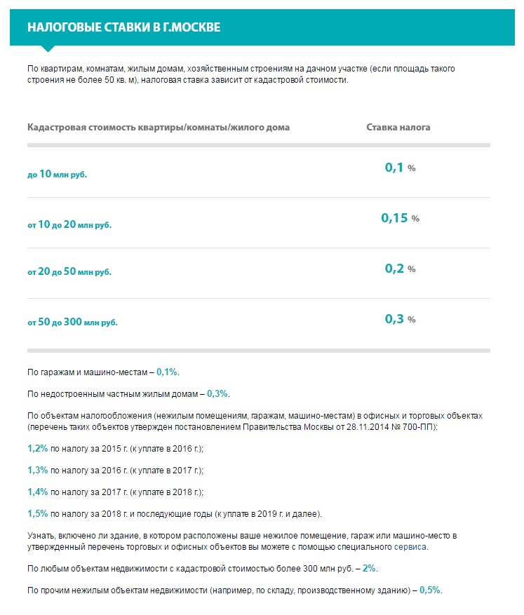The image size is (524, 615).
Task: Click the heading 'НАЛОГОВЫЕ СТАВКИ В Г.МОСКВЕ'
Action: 123,27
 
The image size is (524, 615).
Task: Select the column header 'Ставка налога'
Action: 398,128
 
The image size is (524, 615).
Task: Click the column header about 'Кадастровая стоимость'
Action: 159,128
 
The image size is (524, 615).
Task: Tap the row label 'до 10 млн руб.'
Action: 58,174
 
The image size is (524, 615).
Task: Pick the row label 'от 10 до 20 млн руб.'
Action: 69,225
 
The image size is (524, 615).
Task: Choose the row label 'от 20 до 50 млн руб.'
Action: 69,271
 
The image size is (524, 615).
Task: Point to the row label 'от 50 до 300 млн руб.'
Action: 72,323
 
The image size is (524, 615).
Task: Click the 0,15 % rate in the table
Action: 400,218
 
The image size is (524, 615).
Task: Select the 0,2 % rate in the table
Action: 400,269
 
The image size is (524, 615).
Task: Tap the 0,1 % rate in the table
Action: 400,168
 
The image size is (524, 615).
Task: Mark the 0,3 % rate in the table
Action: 400,319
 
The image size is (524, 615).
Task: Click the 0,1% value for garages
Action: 167,371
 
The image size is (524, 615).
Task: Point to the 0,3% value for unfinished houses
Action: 217,393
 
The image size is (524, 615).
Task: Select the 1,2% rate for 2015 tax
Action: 38,448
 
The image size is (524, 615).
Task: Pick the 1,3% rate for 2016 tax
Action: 38,471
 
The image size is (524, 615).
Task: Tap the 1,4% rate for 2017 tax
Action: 38,493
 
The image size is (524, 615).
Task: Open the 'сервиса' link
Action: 410,547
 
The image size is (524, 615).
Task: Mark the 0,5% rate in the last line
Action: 430,590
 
